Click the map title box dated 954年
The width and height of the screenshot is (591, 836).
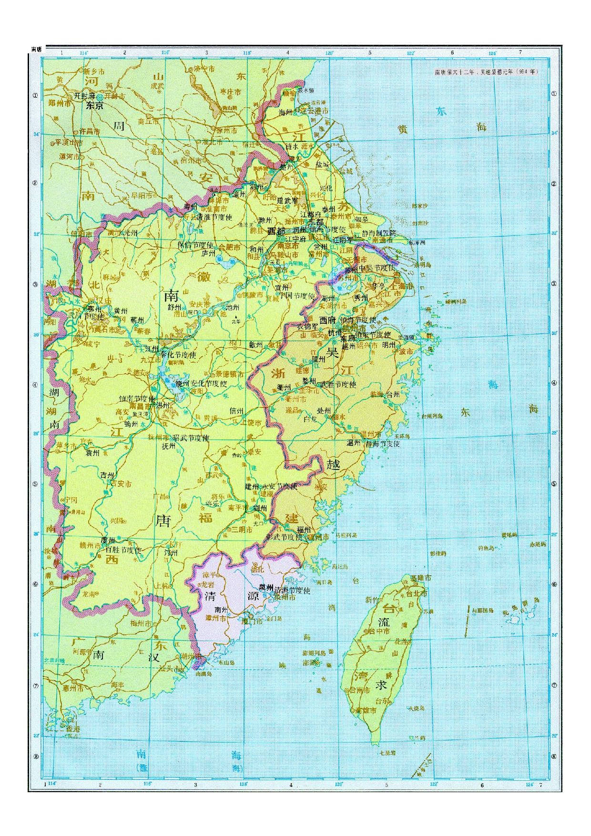pyautogui.click(x=486, y=72)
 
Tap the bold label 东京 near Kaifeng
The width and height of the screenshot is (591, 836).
pyautogui.click(x=94, y=106)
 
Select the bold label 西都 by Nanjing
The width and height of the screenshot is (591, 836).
pyautogui.click(x=276, y=231)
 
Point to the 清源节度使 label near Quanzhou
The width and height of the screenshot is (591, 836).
pyautogui.click(x=292, y=590)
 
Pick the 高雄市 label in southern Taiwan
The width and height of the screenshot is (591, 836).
pyautogui.click(x=366, y=710)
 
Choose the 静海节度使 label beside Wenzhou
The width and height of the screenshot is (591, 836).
pyautogui.click(x=382, y=444)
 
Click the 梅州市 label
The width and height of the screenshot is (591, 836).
pyautogui.click(x=141, y=623)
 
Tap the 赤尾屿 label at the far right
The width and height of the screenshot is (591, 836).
pyautogui.click(x=537, y=544)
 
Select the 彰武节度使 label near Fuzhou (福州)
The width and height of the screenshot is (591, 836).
pyautogui.click(x=285, y=537)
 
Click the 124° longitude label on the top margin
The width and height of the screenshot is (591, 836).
pyautogui.click(x=492, y=53)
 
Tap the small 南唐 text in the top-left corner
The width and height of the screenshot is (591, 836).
pyautogui.click(x=37, y=49)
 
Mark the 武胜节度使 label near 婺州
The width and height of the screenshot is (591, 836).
pyautogui.click(x=338, y=384)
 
